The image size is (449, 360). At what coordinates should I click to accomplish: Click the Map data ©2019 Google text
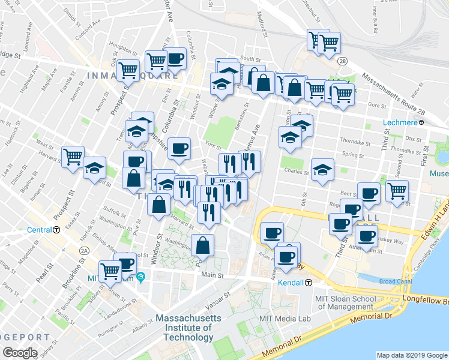(411, 355)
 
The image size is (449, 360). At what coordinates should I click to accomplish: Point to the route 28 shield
(342, 61)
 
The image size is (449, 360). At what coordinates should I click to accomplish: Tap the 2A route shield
(85, 250)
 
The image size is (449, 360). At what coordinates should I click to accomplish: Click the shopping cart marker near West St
(73, 157)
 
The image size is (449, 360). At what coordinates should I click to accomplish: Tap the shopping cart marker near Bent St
(397, 190)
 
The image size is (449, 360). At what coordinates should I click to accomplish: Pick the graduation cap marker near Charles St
(322, 169)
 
